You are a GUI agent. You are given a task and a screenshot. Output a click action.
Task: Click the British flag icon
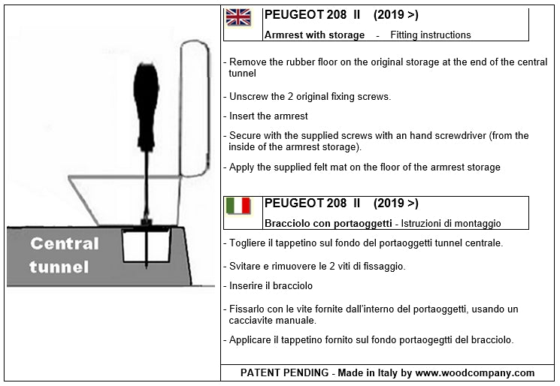coord(239,17)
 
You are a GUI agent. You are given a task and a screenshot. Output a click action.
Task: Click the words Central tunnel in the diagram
coord(64,255)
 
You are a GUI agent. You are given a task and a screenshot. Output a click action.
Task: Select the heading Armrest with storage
coord(314,35)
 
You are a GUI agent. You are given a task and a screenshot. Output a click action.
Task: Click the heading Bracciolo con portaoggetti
coord(327,224)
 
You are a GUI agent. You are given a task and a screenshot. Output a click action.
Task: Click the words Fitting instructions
coord(431,35)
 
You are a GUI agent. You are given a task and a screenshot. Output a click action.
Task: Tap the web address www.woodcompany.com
coord(474,372)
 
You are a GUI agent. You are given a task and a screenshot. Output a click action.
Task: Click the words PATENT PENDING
coord(283,372)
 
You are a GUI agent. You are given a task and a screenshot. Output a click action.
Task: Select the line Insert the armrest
coord(268,116)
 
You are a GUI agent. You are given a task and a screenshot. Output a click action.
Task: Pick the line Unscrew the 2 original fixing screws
coord(310,96)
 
